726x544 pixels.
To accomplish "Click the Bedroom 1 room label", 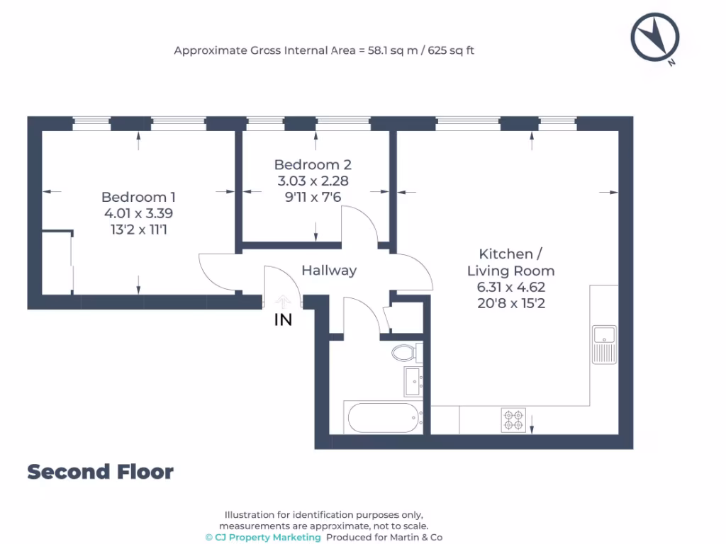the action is (138, 197).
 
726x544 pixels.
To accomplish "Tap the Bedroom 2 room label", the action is (313, 164).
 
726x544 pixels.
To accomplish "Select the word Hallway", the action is (329, 270).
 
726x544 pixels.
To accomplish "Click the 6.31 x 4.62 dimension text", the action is (510, 288).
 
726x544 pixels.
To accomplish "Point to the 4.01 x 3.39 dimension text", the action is (138, 213).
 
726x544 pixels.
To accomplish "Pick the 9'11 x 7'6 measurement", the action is (313, 197).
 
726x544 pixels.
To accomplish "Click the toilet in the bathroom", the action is (407, 353).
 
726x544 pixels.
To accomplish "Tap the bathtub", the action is (384, 418).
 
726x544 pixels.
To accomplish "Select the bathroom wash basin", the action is (413, 382).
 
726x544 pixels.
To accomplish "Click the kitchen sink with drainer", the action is (604, 345).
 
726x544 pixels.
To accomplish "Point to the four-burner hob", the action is (513, 420).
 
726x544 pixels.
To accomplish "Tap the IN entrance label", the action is (283, 319).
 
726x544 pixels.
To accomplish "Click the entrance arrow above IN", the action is (282, 301).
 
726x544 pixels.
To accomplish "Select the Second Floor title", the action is (101, 472).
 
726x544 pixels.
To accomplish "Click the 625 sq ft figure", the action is (451, 50).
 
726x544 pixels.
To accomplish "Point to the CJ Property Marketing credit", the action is (263, 537).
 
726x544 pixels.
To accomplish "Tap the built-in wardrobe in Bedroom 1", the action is (57, 262).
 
